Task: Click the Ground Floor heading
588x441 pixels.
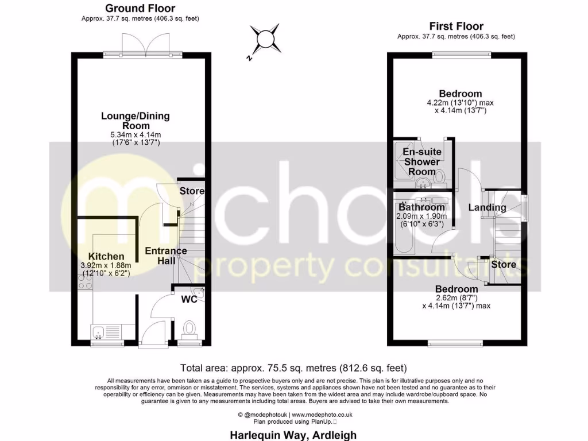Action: [x=140, y=9]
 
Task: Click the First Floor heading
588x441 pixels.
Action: [x=457, y=26]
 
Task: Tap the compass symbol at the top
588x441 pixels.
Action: [x=266, y=39]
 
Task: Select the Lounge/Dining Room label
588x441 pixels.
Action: [x=136, y=121]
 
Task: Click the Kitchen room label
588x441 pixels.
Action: [x=106, y=256]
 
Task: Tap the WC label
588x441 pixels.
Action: [x=189, y=300]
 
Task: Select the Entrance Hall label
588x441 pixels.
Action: [x=165, y=256]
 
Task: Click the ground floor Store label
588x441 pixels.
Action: [x=192, y=191]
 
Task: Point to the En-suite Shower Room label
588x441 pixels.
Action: [x=422, y=161]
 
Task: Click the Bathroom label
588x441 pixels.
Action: [x=422, y=207]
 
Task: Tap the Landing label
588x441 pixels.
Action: [x=487, y=207]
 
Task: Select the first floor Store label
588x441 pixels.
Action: [x=503, y=265]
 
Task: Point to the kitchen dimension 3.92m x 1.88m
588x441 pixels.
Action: [x=106, y=265]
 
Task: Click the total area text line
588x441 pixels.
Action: [x=293, y=368]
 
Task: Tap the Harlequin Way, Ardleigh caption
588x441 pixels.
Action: [x=293, y=435]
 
